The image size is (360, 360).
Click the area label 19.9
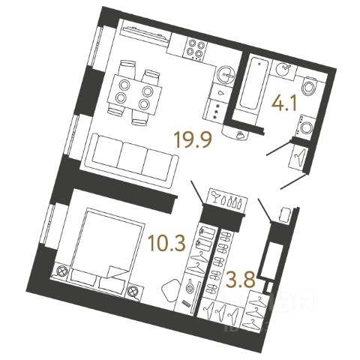tap(194, 140)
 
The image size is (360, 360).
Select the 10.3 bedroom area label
tap(166, 243)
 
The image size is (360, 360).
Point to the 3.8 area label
tap(240, 280)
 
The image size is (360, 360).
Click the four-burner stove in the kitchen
tap(196, 49)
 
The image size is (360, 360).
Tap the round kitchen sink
tap(226, 74)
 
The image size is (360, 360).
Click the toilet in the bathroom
tap(310, 87)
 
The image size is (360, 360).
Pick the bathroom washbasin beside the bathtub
tap(284, 68)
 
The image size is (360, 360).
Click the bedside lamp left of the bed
tap(61, 271)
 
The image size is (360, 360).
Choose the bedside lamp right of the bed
tap(132, 292)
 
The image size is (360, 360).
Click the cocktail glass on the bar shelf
tap(215, 196)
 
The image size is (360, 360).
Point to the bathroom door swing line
tap(279, 148)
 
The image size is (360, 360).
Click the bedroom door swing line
tap(197, 193)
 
